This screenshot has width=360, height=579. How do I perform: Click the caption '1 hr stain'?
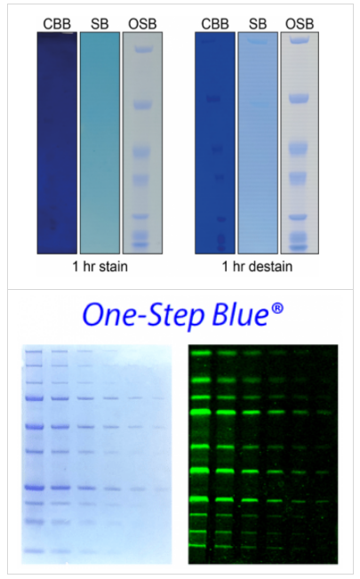tap(100, 266)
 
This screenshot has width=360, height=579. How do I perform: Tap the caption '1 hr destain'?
tap(257, 266)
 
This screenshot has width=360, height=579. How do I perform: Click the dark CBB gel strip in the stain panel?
tap(57, 142)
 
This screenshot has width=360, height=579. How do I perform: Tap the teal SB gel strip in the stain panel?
tap(100, 142)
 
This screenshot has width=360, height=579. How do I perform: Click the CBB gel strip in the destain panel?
tap(214, 142)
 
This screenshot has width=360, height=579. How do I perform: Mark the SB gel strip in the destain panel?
tap(258, 142)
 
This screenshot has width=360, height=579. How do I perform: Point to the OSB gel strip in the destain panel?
tap(300, 142)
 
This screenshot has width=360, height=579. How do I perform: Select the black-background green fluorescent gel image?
tap(263, 454)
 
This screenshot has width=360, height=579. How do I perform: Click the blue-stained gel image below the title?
tap(96, 454)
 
